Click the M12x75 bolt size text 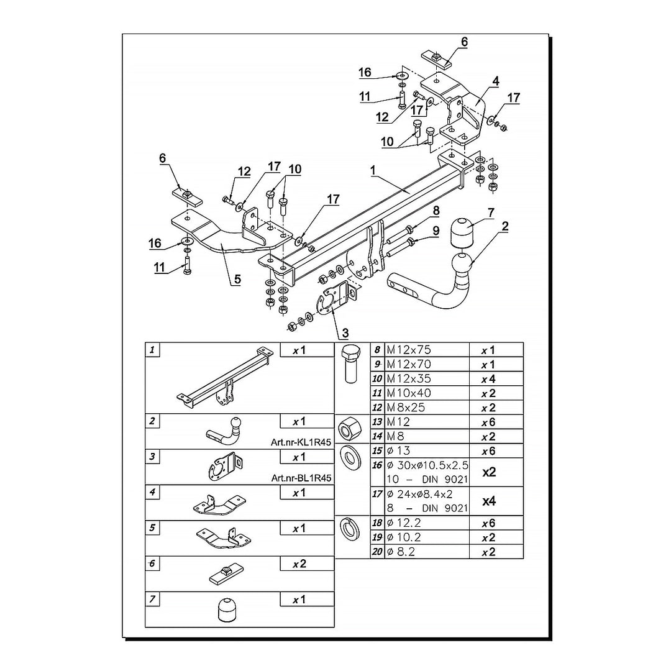point(408,350)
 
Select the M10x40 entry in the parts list point(408,393)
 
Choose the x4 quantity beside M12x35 point(488,379)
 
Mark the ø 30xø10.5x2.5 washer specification point(427,465)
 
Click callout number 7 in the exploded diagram point(491,213)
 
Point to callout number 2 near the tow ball point(504,227)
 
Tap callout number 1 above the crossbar point(373,169)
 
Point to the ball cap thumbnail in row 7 point(226,609)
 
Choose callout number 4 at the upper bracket point(495,81)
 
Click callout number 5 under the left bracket point(237,280)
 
